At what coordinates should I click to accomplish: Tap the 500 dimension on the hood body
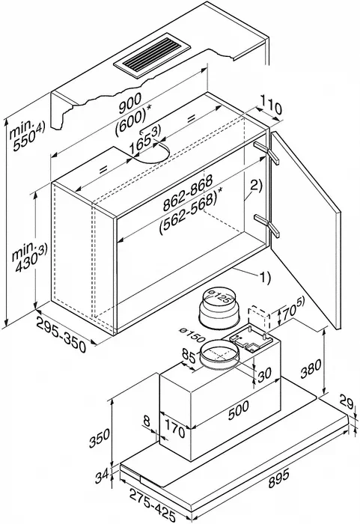click(238, 409)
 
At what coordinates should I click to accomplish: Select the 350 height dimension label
click(99, 438)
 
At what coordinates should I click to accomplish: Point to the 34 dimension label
click(102, 476)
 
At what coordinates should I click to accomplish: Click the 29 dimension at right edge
click(346, 402)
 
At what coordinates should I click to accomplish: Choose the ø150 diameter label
click(192, 335)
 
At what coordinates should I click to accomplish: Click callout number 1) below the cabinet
click(264, 277)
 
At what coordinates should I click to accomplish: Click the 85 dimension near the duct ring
click(189, 356)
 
